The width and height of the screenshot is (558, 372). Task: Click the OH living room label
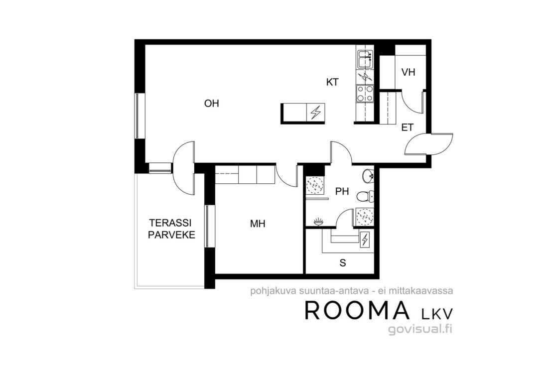[x=211, y=104]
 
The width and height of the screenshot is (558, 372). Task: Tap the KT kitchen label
[x=332, y=82]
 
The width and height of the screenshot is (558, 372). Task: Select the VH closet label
[x=408, y=72]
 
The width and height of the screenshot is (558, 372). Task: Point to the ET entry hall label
[x=407, y=127]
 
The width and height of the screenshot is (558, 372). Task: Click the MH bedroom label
[x=258, y=224]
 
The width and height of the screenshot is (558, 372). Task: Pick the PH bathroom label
[x=342, y=192]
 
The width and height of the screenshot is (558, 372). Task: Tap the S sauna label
[x=343, y=263]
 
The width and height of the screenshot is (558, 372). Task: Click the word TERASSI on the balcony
[x=170, y=223]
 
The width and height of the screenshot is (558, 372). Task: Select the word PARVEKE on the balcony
[x=171, y=235]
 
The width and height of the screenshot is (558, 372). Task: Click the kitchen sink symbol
[x=365, y=59]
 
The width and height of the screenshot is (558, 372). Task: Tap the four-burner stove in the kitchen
[x=365, y=94]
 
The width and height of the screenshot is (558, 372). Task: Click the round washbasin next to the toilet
[x=368, y=175]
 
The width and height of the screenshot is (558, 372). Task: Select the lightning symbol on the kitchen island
[x=315, y=113]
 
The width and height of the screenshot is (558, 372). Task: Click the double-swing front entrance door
[x=429, y=143]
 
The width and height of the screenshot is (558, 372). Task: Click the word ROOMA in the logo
[x=357, y=310]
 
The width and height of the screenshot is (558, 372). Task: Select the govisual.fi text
[x=420, y=329]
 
